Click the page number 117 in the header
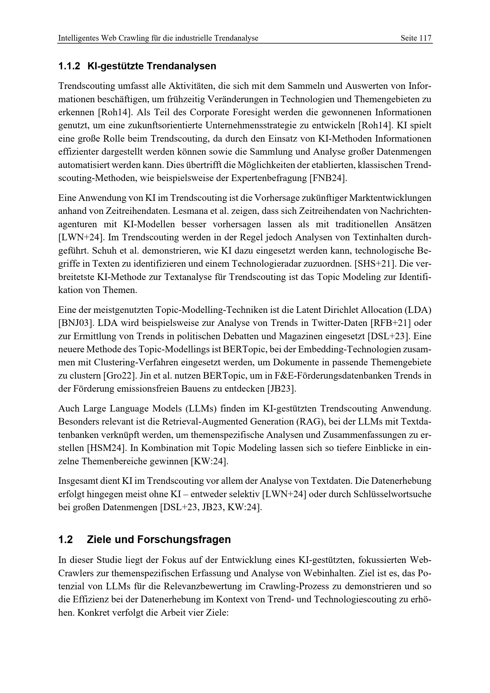425,38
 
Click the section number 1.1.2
69,66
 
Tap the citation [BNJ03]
75,323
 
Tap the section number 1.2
65,539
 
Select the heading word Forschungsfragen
183,539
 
